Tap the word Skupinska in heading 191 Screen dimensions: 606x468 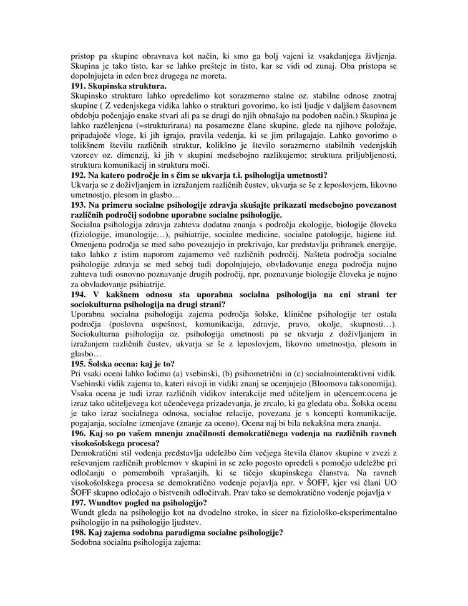pos(112,86)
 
